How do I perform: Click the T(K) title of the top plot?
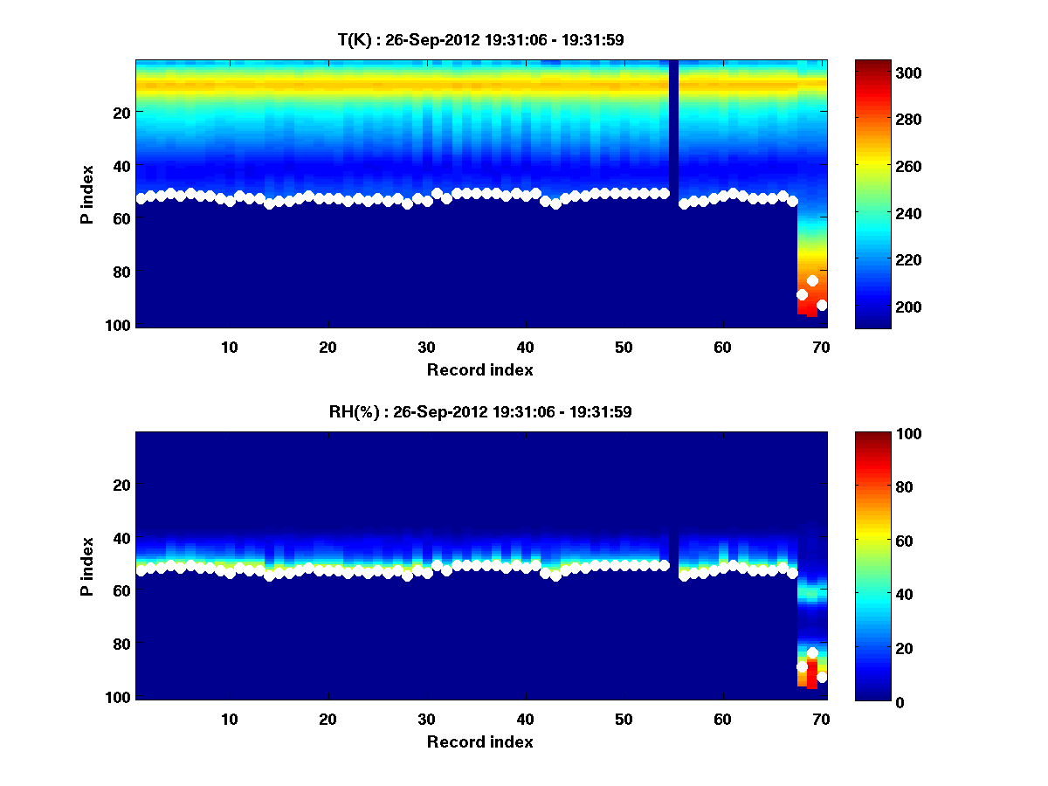pos(480,39)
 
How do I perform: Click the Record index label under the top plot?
pos(479,369)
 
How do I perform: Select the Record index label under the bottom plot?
pos(479,741)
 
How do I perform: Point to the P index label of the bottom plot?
pos(87,567)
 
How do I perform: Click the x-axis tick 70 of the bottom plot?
pos(821,719)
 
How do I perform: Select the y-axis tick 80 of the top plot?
pos(121,272)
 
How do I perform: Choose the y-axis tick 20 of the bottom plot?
pos(121,485)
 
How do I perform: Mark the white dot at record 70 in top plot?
pos(822,306)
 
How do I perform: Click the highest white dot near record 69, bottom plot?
pos(812,653)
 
